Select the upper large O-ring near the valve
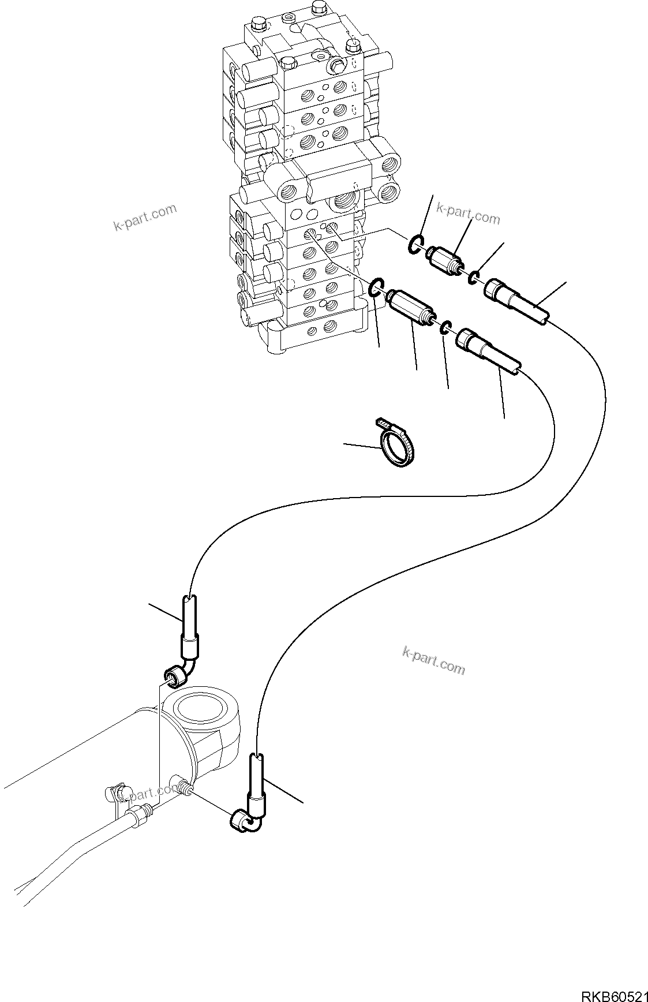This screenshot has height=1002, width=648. tap(415, 245)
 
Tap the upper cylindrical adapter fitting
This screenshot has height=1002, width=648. tap(444, 258)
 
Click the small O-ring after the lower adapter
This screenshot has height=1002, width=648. tap(444, 328)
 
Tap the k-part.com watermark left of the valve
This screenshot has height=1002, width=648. tap(145, 218)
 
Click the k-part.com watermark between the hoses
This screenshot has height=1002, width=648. tap(433, 659)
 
